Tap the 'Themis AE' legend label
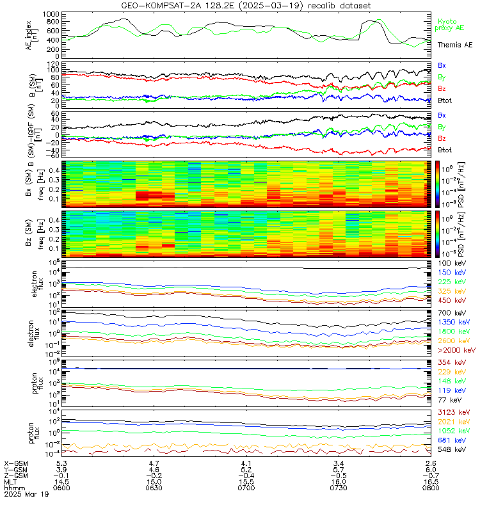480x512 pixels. pyautogui.click(x=454, y=45)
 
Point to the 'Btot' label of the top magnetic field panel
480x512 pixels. pyautogui.click(x=445, y=100)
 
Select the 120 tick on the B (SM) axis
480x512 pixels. pyautogui.click(x=54, y=65)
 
